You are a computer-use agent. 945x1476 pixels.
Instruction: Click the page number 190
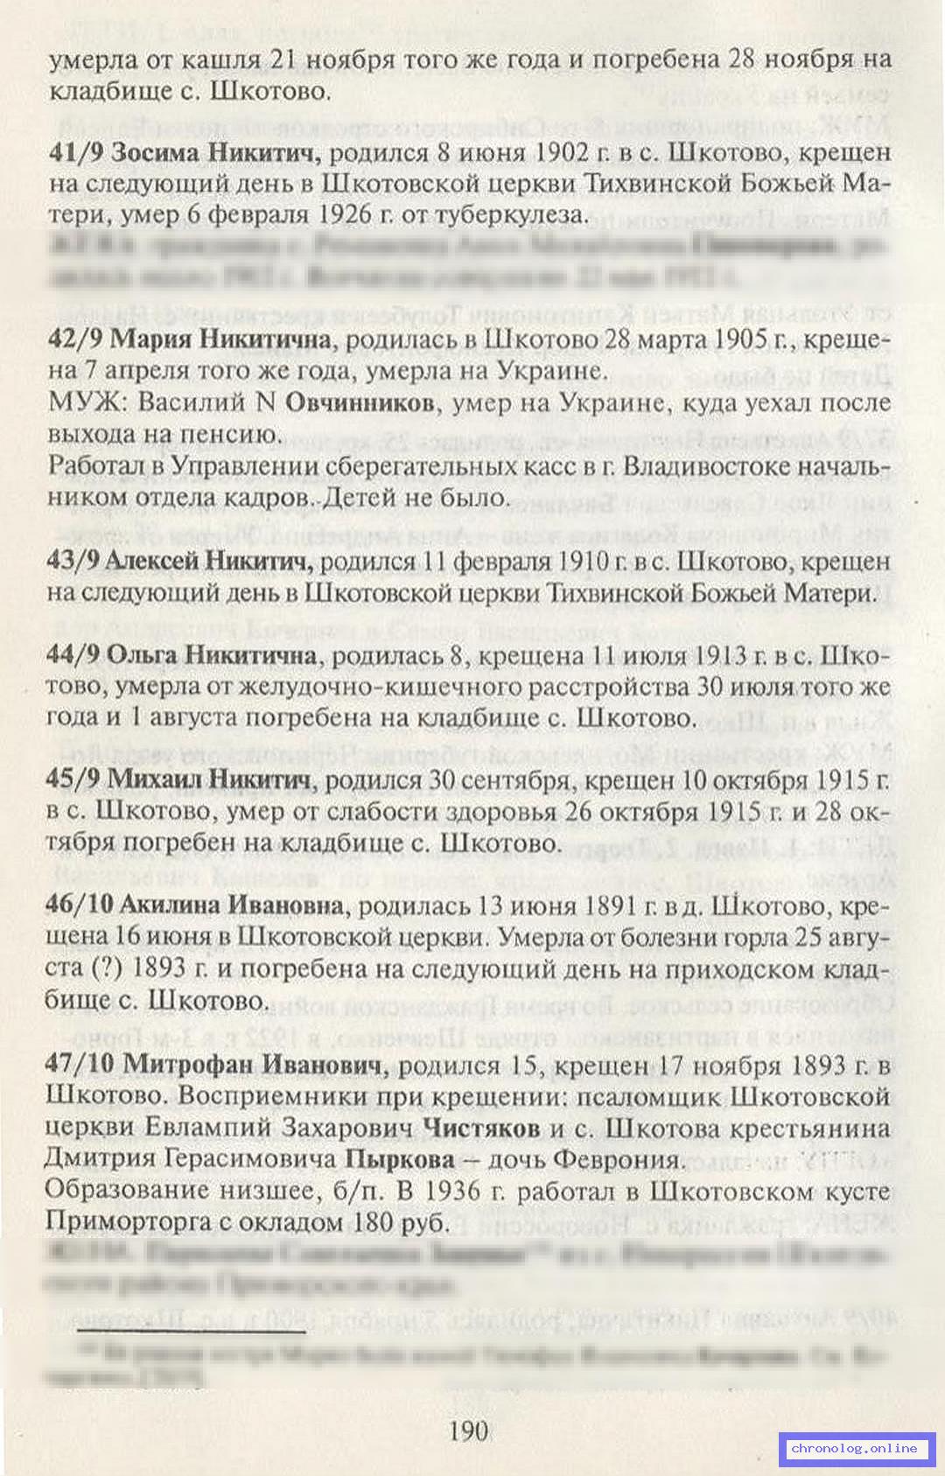(468, 1431)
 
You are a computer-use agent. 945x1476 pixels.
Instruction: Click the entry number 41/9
(77, 152)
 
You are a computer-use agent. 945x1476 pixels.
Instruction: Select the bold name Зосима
(155, 152)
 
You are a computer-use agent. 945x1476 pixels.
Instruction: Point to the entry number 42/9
(77, 339)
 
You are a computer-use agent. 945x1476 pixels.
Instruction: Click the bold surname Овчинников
(360, 403)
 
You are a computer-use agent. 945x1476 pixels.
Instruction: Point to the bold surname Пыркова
(400, 1160)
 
